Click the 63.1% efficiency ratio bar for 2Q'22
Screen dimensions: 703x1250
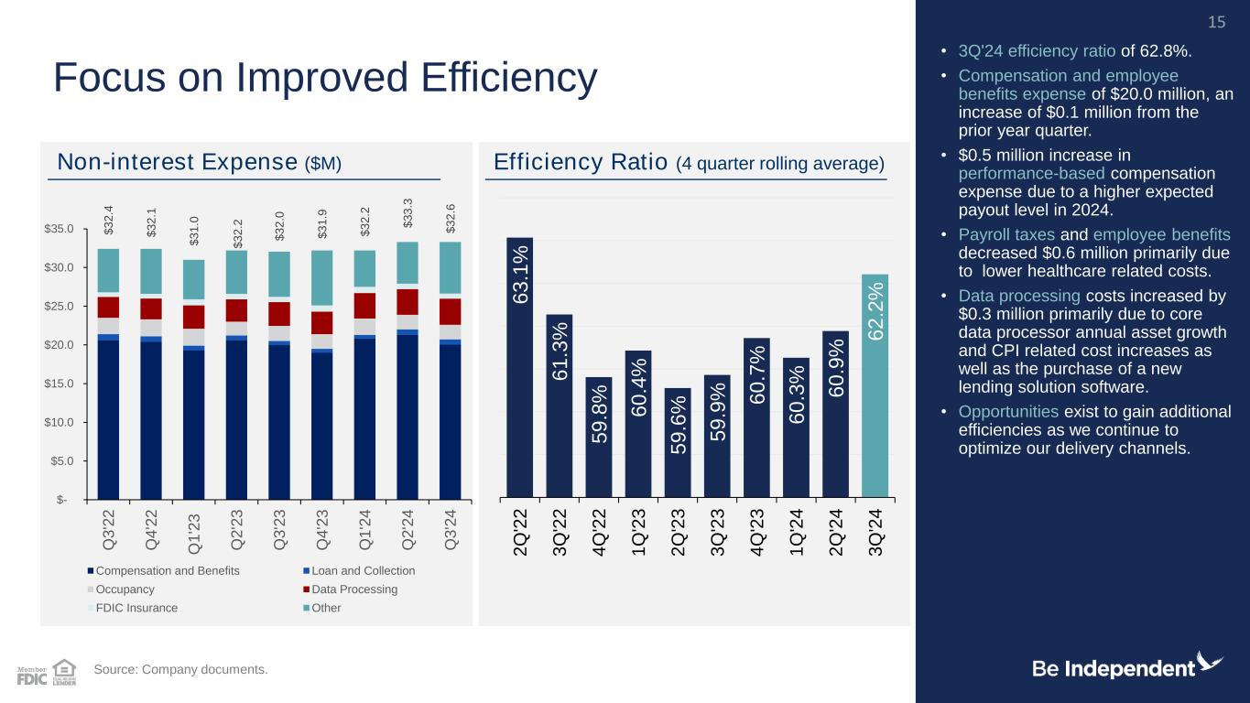(x=519, y=366)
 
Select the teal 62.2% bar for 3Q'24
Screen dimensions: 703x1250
(x=875, y=384)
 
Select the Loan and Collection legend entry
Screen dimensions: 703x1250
(x=364, y=570)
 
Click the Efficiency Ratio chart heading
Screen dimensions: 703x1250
(x=689, y=163)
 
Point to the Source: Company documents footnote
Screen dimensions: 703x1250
(x=181, y=670)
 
